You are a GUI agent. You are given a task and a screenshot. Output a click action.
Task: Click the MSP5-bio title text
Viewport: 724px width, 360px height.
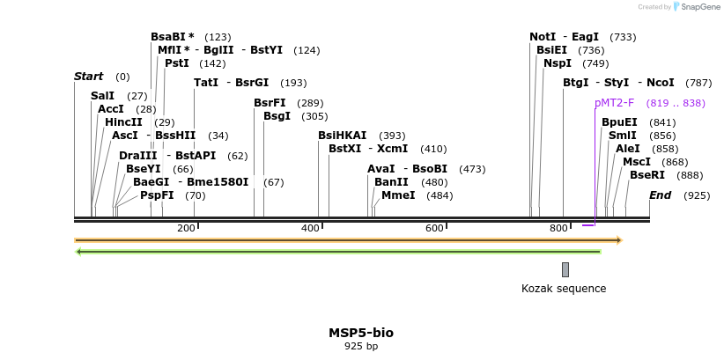pyautogui.click(x=361, y=333)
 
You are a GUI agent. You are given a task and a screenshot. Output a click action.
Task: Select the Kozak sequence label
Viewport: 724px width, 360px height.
pyautogui.click(x=564, y=288)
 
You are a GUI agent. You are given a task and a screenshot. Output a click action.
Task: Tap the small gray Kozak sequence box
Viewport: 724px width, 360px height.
pyautogui.click(x=565, y=269)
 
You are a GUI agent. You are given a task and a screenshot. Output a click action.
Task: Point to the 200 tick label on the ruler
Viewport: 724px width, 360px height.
pyautogui.click(x=186, y=229)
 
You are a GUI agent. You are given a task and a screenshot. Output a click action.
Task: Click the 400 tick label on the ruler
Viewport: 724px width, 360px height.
pyautogui.click(x=310, y=229)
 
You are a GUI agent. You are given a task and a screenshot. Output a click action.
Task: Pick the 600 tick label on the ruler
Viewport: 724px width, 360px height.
pyautogui.click(x=434, y=229)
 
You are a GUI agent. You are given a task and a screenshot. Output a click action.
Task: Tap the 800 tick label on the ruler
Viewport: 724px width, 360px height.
pyautogui.click(x=558, y=229)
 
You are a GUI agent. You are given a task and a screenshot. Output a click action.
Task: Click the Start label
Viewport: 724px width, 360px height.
pyautogui.click(x=88, y=77)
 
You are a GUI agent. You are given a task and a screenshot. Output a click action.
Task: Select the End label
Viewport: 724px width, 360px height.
pyautogui.click(x=660, y=195)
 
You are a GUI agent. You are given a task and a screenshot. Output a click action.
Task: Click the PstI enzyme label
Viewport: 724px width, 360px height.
pyautogui.click(x=176, y=63)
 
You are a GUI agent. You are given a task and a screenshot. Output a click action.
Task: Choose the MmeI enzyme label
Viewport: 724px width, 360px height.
pyautogui.click(x=397, y=195)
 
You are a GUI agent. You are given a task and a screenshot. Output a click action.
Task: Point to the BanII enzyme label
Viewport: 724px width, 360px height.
pyautogui.click(x=391, y=181)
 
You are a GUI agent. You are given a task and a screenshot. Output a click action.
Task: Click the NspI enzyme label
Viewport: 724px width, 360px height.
pyautogui.click(x=557, y=63)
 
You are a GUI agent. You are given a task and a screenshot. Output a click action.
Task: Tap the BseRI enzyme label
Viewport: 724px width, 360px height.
pyautogui.click(x=646, y=175)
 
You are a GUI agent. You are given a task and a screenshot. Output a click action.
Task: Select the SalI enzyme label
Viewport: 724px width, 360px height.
pyautogui.click(x=102, y=95)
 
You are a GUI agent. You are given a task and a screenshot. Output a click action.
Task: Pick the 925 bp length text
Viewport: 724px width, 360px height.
pyautogui.click(x=361, y=347)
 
